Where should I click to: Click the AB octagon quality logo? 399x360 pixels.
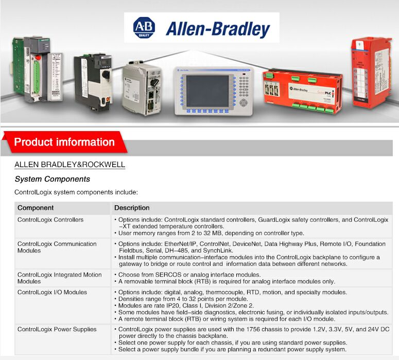click(144, 28)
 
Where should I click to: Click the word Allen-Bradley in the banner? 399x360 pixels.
click(218, 29)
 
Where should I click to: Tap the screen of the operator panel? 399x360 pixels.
click(207, 91)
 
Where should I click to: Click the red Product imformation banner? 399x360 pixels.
click(65, 142)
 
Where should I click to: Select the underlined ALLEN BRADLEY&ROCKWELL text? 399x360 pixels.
click(70, 165)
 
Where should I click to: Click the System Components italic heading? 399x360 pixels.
click(53, 179)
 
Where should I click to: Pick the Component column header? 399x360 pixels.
click(36, 208)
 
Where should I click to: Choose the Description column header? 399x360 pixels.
click(132, 208)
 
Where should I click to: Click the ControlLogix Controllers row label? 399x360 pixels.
click(50, 220)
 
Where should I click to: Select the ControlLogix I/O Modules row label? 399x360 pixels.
click(52, 293)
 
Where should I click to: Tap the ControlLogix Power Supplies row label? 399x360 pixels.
click(57, 330)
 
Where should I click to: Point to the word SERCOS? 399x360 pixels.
click(167, 275)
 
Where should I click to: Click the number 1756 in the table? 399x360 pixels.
click(253, 330)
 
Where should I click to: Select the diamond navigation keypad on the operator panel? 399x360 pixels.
click(244, 103)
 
